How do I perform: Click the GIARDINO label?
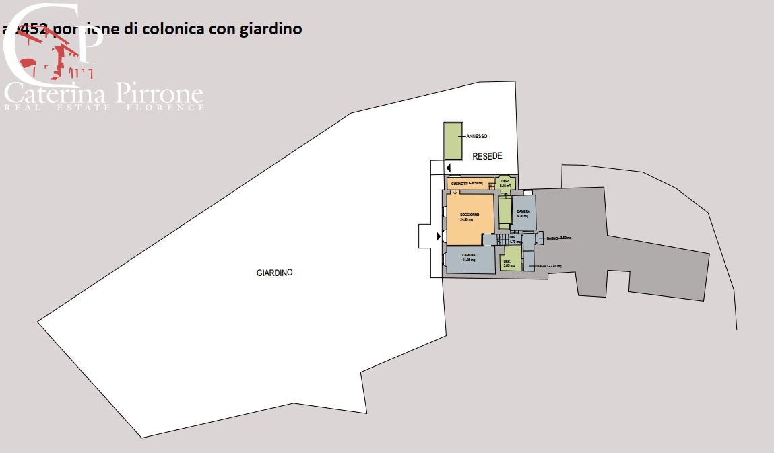[274, 273]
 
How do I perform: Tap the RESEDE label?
[487, 155]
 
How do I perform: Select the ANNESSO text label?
[476, 136]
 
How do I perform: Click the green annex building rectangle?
[453, 141]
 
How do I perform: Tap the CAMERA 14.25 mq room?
[469, 259]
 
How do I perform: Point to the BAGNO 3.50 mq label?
[558, 238]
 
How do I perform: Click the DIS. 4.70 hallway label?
[513, 239]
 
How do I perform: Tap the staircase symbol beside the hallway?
[501, 239]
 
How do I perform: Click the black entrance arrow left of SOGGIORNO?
[439, 236]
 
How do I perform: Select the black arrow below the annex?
[448, 166]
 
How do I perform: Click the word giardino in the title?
[271, 29]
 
